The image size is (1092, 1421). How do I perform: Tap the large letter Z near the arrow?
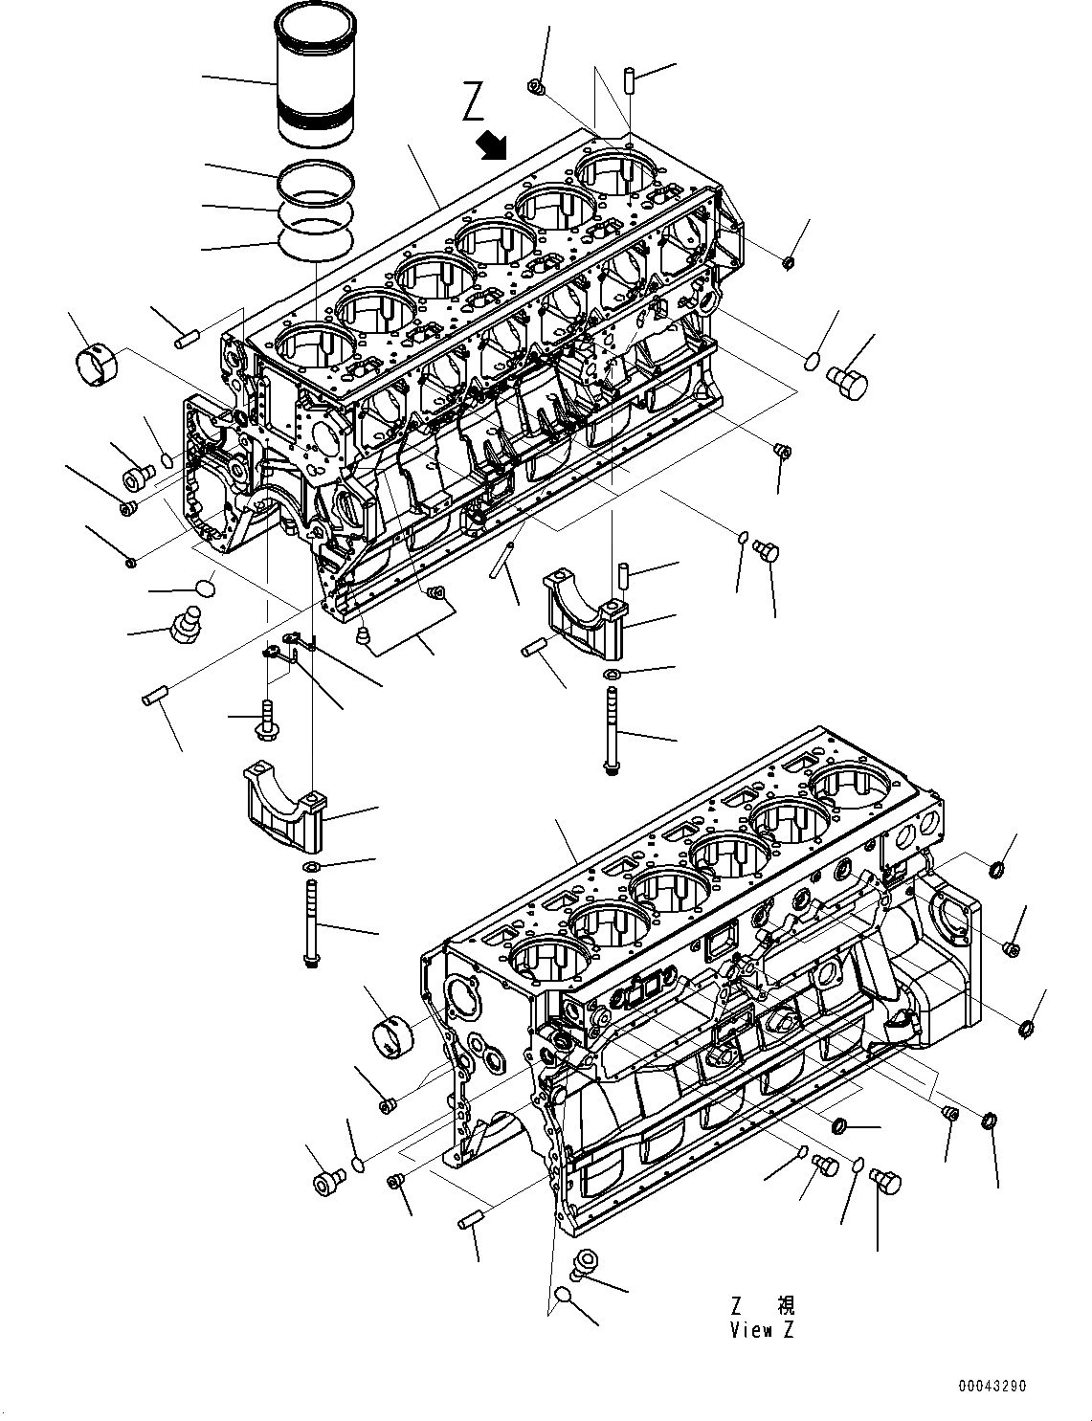[x=473, y=102]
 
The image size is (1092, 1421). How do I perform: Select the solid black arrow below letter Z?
[x=494, y=146]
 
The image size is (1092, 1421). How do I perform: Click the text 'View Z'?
[x=762, y=1329]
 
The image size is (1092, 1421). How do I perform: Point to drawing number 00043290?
[x=994, y=1385]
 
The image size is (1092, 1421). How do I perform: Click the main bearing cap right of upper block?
[x=584, y=612]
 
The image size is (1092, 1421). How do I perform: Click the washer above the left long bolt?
[x=310, y=866]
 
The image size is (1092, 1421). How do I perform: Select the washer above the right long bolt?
[x=611, y=677]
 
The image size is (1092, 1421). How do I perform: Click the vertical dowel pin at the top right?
[x=631, y=79]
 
